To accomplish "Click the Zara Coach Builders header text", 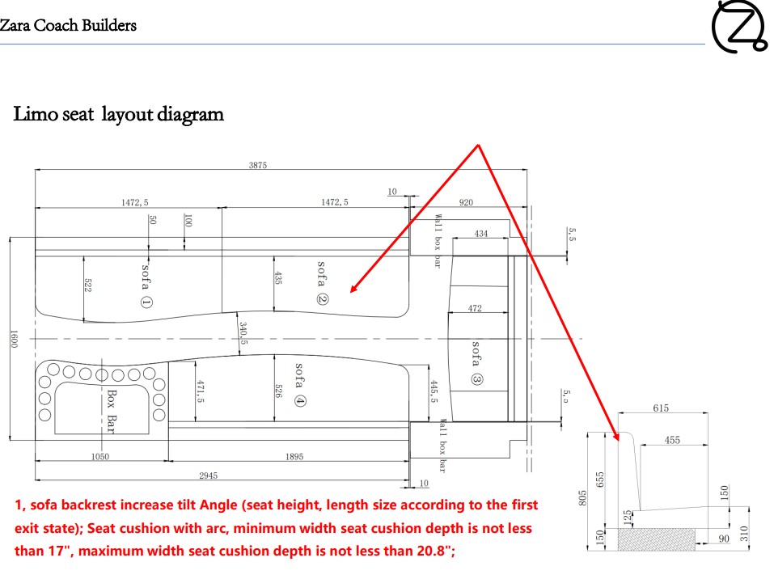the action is (x=68, y=25).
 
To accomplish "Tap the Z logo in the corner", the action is (x=739, y=26).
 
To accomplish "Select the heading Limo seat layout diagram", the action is (x=118, y=114).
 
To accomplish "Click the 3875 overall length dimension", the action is (x=258, y=165).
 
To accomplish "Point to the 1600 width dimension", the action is (x=14, y=339).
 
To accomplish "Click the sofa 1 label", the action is (x=146, y=285).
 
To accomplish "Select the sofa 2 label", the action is (x=322, y=283).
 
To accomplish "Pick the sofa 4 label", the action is (x=299, y=385).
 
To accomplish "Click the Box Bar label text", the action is (x=112, y=412).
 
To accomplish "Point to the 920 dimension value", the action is (x=466, y=202).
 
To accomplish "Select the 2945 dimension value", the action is (x=209, y=475).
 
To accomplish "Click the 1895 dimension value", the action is (x=294, y=457).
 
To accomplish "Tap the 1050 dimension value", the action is (x=100, y=457).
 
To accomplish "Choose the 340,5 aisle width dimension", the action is (x=243, y=333).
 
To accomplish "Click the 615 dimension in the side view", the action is (x=661, y=408).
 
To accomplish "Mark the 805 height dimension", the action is (x=582, y=497).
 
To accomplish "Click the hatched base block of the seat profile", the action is (x=657, y=539).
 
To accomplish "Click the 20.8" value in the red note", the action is (x=433, y=551).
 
